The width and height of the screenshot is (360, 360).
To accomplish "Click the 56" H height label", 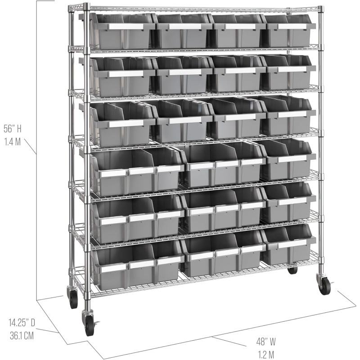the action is (x=13, y=129).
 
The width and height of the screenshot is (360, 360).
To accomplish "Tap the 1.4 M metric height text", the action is (x=12, y=142).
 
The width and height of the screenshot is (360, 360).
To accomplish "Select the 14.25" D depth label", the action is (x=22, y=323).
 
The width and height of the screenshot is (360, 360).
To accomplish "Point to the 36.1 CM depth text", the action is (x=22, y=336).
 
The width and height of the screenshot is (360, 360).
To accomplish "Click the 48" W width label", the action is (x=266, y=342).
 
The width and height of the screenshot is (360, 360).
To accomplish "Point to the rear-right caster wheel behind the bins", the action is (x=292, y=270).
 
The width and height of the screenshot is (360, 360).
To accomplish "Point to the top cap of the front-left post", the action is (x=86, y=6).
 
